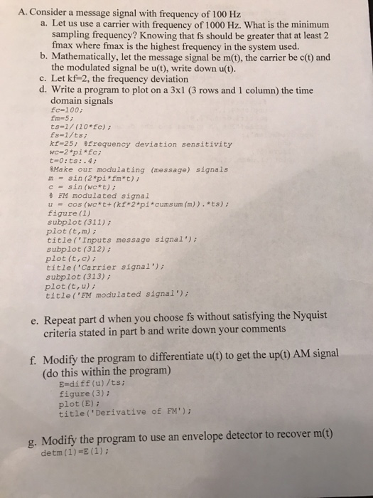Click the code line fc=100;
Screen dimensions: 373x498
[65, 112]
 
